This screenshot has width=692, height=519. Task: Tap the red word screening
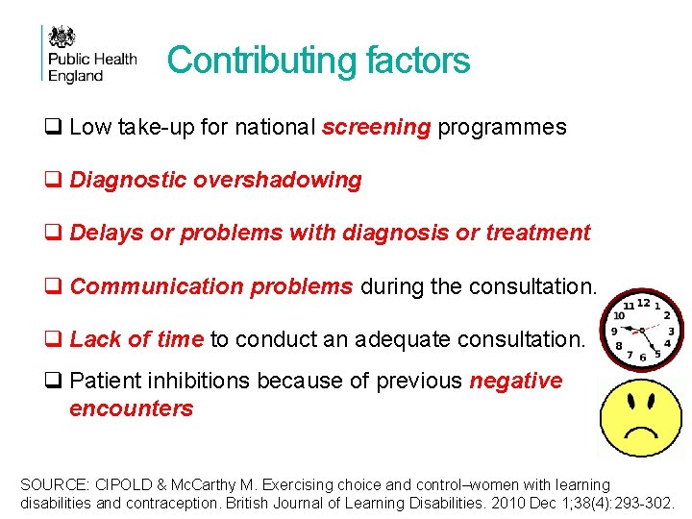377,127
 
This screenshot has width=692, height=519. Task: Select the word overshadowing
292,180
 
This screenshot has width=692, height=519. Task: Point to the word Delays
102,233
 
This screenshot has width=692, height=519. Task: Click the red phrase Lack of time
136,338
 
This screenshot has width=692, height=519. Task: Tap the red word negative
515,382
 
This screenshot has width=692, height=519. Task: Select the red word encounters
131,408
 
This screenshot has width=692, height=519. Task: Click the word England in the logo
75,76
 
